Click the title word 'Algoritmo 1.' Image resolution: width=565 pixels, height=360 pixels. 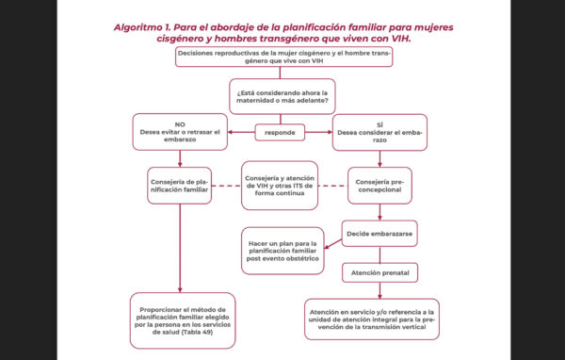(x=146, y=27)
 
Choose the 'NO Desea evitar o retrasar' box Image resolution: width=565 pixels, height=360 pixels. (x=179, y=132)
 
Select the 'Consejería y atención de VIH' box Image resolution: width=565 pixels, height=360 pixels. (x=280, y=183)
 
